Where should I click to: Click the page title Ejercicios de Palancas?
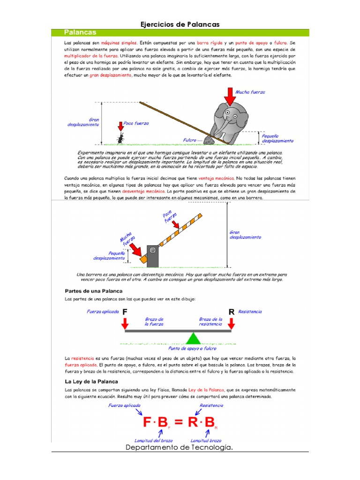[180, 24]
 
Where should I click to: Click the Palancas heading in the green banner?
[80, 32]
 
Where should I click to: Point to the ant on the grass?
[121, 137]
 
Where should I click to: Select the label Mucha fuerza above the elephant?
[250, 92]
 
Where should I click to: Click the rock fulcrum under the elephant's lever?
[209, 140]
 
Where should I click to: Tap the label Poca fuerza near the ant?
[136, 123]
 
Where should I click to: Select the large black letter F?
[125, 312]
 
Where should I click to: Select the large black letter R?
[231, 312]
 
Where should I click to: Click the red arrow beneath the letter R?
[231, 323]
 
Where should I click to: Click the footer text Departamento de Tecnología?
[180, 448]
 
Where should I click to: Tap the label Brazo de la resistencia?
[210, 321]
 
